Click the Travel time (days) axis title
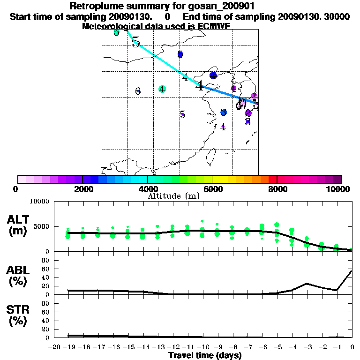pyautogui.click(x=205, y=355)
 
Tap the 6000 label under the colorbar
pyautogui.click(x=212, y=189)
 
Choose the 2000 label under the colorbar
pyautogui.click(x=82, y=189)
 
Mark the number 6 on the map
pyautogui.click(x=138, y=91)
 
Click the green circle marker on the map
pyautogui.click(x=162, y=89)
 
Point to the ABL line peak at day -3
pyautogui.click(x=307, y=283)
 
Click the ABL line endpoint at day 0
pyautogui.click(x=352, y=270)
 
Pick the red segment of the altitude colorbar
pyautogui.click(x=272, y=179)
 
